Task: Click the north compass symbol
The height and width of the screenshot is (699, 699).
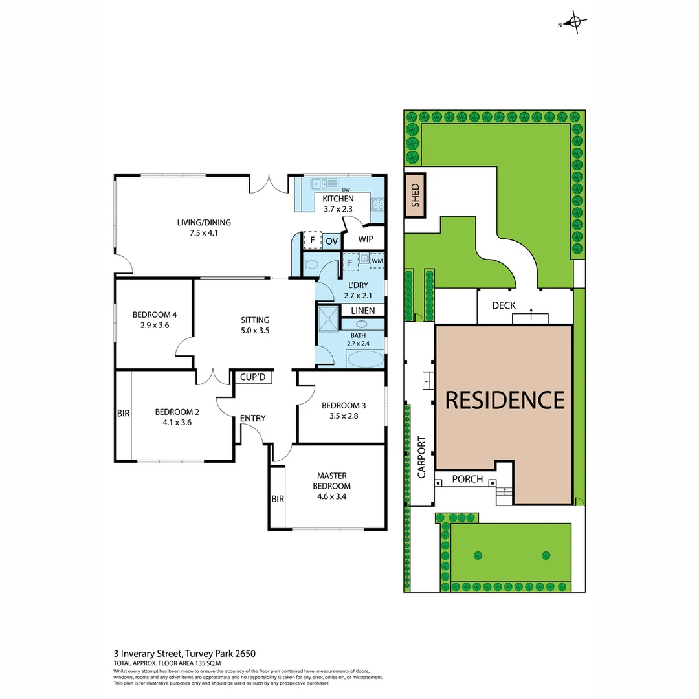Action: point(574,23)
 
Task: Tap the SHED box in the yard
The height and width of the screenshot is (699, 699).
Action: point(415,195)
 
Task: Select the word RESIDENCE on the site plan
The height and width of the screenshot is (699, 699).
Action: point(504,399)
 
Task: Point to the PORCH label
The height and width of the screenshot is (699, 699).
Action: point(467,480)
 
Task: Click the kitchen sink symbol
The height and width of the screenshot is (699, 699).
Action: point(319,183)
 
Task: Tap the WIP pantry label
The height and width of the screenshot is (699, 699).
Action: point(366,239)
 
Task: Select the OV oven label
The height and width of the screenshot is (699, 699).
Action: point(331,241)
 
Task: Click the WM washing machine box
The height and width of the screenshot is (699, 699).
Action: point(377,260)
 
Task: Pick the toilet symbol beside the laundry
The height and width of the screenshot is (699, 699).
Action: point(312,264)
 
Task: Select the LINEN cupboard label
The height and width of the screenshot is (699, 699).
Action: point(362,311)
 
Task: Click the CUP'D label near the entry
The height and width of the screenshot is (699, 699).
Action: point(252,377)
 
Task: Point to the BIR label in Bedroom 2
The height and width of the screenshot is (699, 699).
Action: point(123,412)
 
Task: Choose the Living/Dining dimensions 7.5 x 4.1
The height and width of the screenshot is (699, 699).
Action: point(204,233)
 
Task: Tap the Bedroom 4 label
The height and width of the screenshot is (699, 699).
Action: point(155,315)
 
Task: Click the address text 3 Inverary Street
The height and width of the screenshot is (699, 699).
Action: point(148,654)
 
